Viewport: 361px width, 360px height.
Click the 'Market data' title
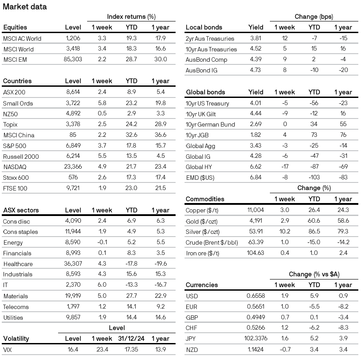pos(25,7)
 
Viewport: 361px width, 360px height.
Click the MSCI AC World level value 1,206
pos(73,38)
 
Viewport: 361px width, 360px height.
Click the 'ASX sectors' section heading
pos(21,210)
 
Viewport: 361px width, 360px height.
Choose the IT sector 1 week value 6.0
pos(102,285)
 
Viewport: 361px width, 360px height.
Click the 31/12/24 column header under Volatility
pos(131,338)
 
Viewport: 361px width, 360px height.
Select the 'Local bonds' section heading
pos(204,27)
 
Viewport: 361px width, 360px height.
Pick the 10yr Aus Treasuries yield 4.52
pos(256,49)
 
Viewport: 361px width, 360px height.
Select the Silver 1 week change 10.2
pos(284,232)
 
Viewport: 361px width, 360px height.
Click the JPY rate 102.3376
pos(252,339)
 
